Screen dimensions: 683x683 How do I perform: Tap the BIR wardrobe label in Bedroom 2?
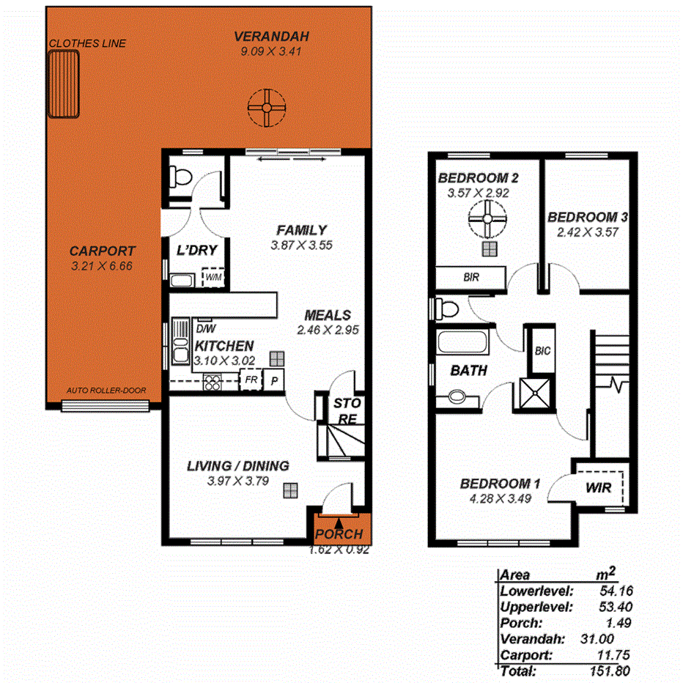click(x=470, y=278)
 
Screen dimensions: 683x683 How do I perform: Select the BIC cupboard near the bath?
click(x=542, y=350)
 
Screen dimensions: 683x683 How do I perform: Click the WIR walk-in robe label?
click(x=600, y=486)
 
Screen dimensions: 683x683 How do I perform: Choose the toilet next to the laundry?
click(x=178, y=177)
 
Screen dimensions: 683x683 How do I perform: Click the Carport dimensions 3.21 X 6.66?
click(x=102, y=266)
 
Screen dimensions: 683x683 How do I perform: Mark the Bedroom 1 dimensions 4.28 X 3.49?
click(x=501, y=498)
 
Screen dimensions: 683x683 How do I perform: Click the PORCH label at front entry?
click(x=339, y=534)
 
